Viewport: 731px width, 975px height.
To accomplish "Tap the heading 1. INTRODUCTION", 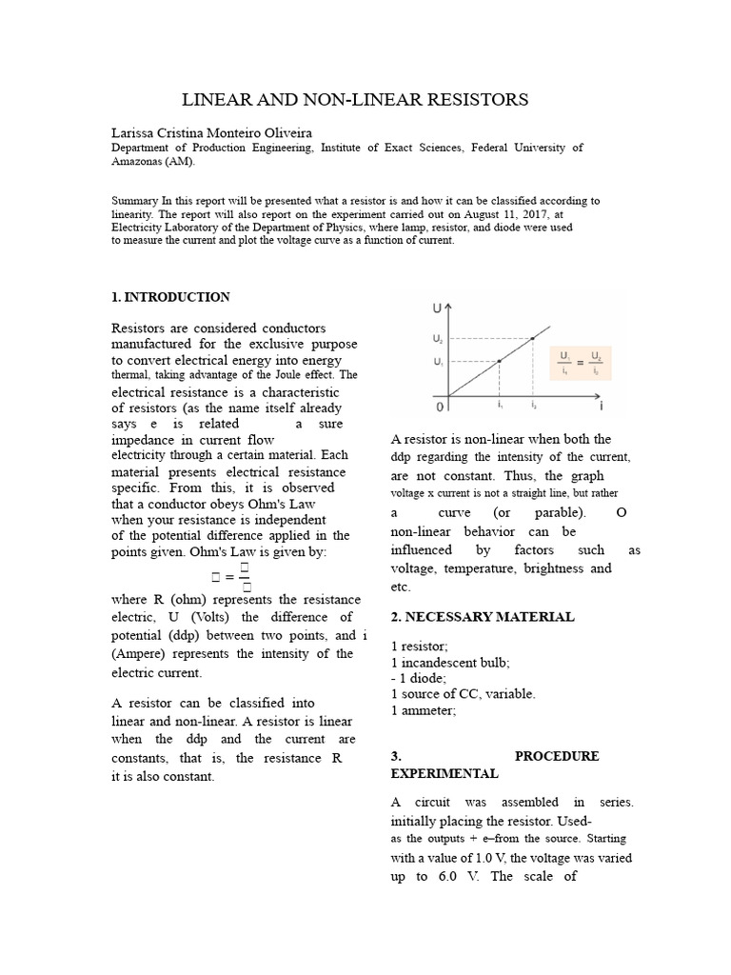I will [170, 297].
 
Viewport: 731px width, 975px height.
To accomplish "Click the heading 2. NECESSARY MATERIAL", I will [483, 617].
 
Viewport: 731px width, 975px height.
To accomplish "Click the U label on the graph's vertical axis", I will [437, 308].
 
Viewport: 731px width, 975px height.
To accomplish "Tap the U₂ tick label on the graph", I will [437, 338].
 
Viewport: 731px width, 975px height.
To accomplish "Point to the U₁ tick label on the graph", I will [437, 362].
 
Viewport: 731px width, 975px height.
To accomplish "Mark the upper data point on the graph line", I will [532, 338].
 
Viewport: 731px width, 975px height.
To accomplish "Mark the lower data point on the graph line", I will [500, 362].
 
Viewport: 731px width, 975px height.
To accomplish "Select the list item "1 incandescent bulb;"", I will [450, 662].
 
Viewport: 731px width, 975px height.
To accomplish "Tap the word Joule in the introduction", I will [288, 375].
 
